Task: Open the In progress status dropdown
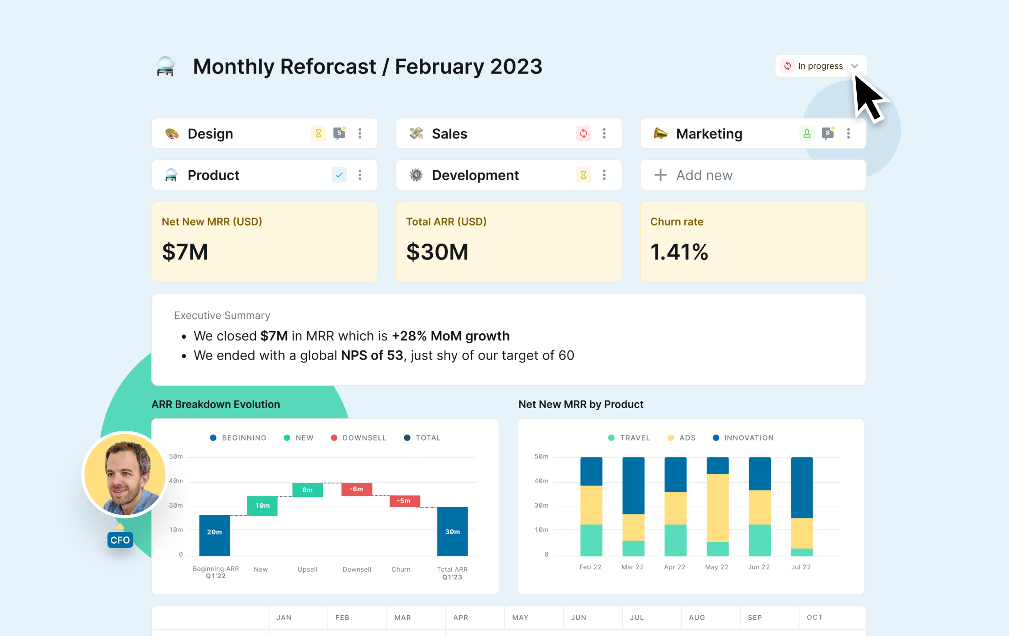pos(820,66)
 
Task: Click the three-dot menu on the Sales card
pos(604,133)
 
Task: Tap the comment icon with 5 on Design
pos(339,133)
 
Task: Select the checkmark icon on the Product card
pos(339,175)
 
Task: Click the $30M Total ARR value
pos(437,252)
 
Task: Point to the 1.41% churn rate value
pos(679,252)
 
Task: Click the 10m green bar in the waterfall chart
pos(262,506)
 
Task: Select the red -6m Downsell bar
pos(356,489)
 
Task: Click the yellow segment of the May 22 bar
pos(717,508)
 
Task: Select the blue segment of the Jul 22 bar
pos(801,487)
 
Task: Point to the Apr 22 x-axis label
pos(674,567)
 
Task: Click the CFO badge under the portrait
pos(120,540)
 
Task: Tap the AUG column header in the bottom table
pos(696,618)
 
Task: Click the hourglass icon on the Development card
pos(583,175)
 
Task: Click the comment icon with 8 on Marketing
pos(827,133)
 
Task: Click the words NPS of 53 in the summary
pos(372,355)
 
